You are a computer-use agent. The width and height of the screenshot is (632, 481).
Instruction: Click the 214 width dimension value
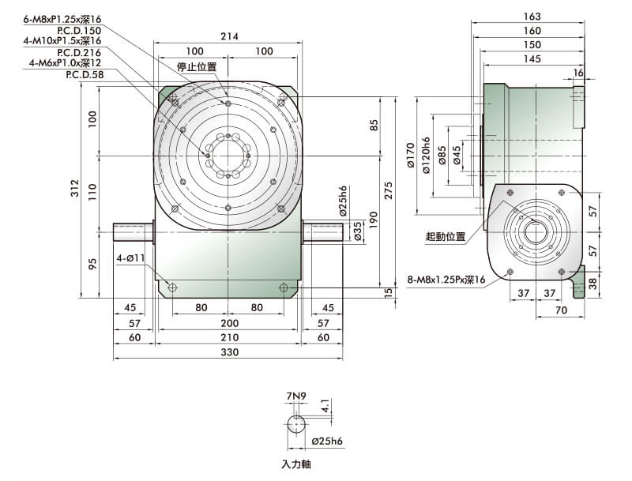click(229, 36)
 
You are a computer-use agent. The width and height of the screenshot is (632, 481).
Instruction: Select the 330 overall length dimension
click(229, 352)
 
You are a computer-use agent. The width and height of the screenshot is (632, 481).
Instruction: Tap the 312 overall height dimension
click(75, 188)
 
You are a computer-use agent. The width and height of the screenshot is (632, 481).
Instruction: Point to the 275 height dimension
click(388, 190)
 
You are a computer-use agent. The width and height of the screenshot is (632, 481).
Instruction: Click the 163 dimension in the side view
click(532, 17)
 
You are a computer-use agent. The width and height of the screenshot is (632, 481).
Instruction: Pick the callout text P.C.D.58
click(85, 74)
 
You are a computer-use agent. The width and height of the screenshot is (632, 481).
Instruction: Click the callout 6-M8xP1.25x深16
click(62, 19)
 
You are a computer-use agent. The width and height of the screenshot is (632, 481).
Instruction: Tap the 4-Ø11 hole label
click(130, 258)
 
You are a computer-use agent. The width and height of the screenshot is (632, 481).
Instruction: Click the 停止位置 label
click(197, 67)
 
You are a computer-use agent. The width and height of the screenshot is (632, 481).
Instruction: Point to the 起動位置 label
click(446, 236)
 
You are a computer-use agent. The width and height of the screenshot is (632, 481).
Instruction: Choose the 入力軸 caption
click(296, 464)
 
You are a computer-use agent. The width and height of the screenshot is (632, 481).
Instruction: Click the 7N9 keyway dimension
click(296, 396)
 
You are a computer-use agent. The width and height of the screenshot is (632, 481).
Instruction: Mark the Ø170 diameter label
click(410, 155)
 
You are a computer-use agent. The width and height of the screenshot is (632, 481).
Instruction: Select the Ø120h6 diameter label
click(427, 156)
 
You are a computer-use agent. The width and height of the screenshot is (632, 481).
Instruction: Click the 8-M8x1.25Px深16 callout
click(446, 280)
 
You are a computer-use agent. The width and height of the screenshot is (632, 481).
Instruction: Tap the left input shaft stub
click(133, 232)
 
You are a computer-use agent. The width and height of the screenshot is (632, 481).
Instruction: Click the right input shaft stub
click(323, 232)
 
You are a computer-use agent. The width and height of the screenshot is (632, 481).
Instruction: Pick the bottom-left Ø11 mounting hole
click(173, 287)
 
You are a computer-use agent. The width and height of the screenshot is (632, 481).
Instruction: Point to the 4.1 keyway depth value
click(325, 406)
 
